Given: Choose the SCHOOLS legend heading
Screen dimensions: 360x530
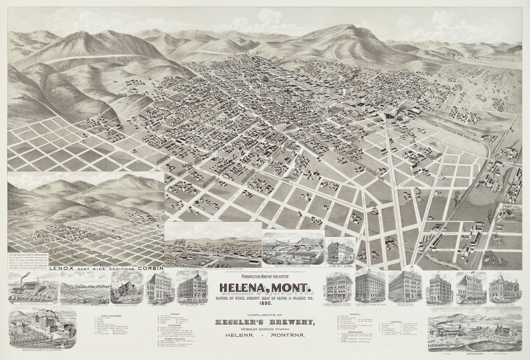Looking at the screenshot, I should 354,314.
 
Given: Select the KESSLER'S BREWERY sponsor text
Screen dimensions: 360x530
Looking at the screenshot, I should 265,322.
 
